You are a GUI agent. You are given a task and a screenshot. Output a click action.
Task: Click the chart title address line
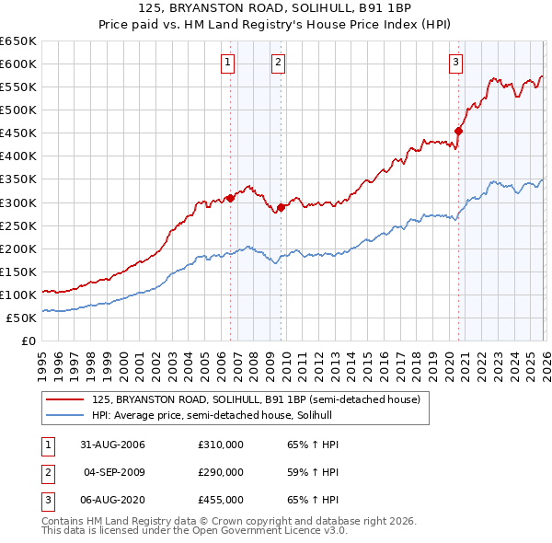click(x=275, y=8)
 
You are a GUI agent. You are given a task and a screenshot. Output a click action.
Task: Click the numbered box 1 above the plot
click(x=227, y=63)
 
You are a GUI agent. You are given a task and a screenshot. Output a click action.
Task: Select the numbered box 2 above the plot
click(x=277, y=63)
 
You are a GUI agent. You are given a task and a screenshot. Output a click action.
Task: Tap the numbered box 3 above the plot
click(x=455, y=63)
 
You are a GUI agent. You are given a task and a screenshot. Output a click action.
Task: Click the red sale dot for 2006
click(x=230, y=198)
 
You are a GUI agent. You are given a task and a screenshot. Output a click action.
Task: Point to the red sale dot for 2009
click(x=281, y=207)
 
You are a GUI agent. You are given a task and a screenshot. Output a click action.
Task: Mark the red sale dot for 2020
click(x=458, y=131)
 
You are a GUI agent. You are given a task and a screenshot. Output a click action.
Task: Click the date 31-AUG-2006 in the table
click(x=112, y=445)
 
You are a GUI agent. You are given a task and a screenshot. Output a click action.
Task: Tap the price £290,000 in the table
click(x=221, y=472)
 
